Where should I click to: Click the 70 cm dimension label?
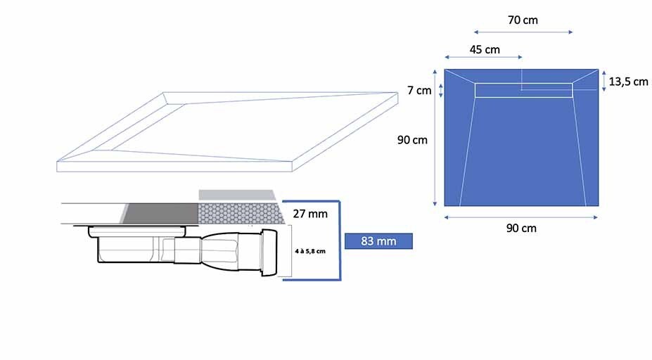pos(523,20)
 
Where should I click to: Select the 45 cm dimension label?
pos(485,49)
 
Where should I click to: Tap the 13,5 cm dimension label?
pos(628,82)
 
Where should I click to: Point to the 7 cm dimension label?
pos(419,90)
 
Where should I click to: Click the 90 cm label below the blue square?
pos(521,228)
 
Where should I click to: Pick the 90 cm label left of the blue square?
pos(412,140)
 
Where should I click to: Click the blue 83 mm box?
pos(378,241)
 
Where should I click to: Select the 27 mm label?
pos(310,214)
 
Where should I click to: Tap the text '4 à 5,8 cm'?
pos(310,251)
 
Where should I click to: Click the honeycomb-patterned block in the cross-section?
pos(241,214)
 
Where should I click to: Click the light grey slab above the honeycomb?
pos(237,195)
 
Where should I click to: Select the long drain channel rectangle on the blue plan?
pos(523,90)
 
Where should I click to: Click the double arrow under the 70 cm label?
pos(523,32)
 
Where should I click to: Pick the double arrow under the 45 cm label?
pos(483,57)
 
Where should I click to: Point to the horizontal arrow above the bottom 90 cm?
pos(521,217)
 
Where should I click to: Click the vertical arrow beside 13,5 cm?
pos(604,81)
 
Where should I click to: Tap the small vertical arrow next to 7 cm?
pos(441,91)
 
